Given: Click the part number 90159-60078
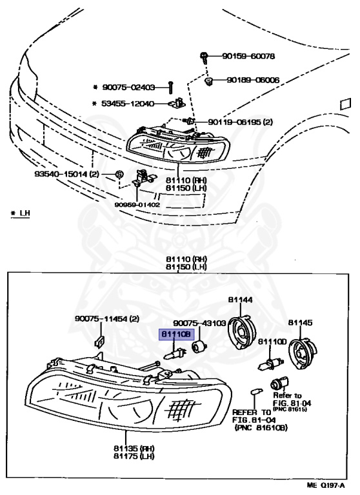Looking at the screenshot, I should point(248,57).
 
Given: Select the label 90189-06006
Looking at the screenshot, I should point(252,81).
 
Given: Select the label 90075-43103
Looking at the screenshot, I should point(199,323).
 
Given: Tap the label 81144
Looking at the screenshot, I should point(239,300).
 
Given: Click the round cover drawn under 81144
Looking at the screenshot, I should point(242,333).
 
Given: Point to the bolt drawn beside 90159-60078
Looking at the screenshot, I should point(205,58).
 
